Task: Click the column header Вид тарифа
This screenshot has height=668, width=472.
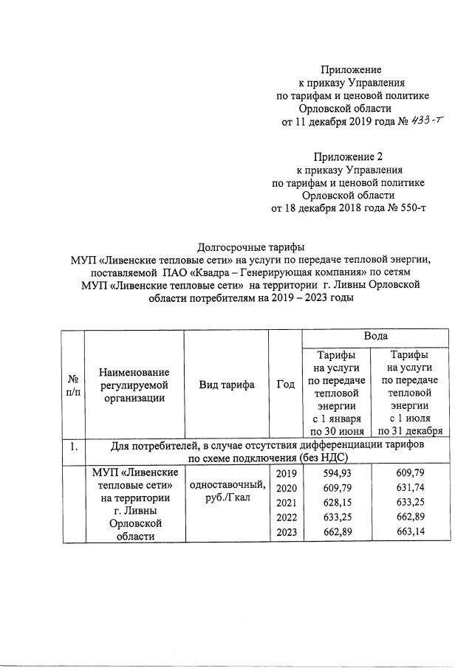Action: pyautogui.click(x=226, y=385)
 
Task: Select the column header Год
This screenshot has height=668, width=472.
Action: pyautogui.click(x=285, y=385)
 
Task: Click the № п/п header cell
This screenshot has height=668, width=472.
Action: pyautogui.click(x=73, y=385)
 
